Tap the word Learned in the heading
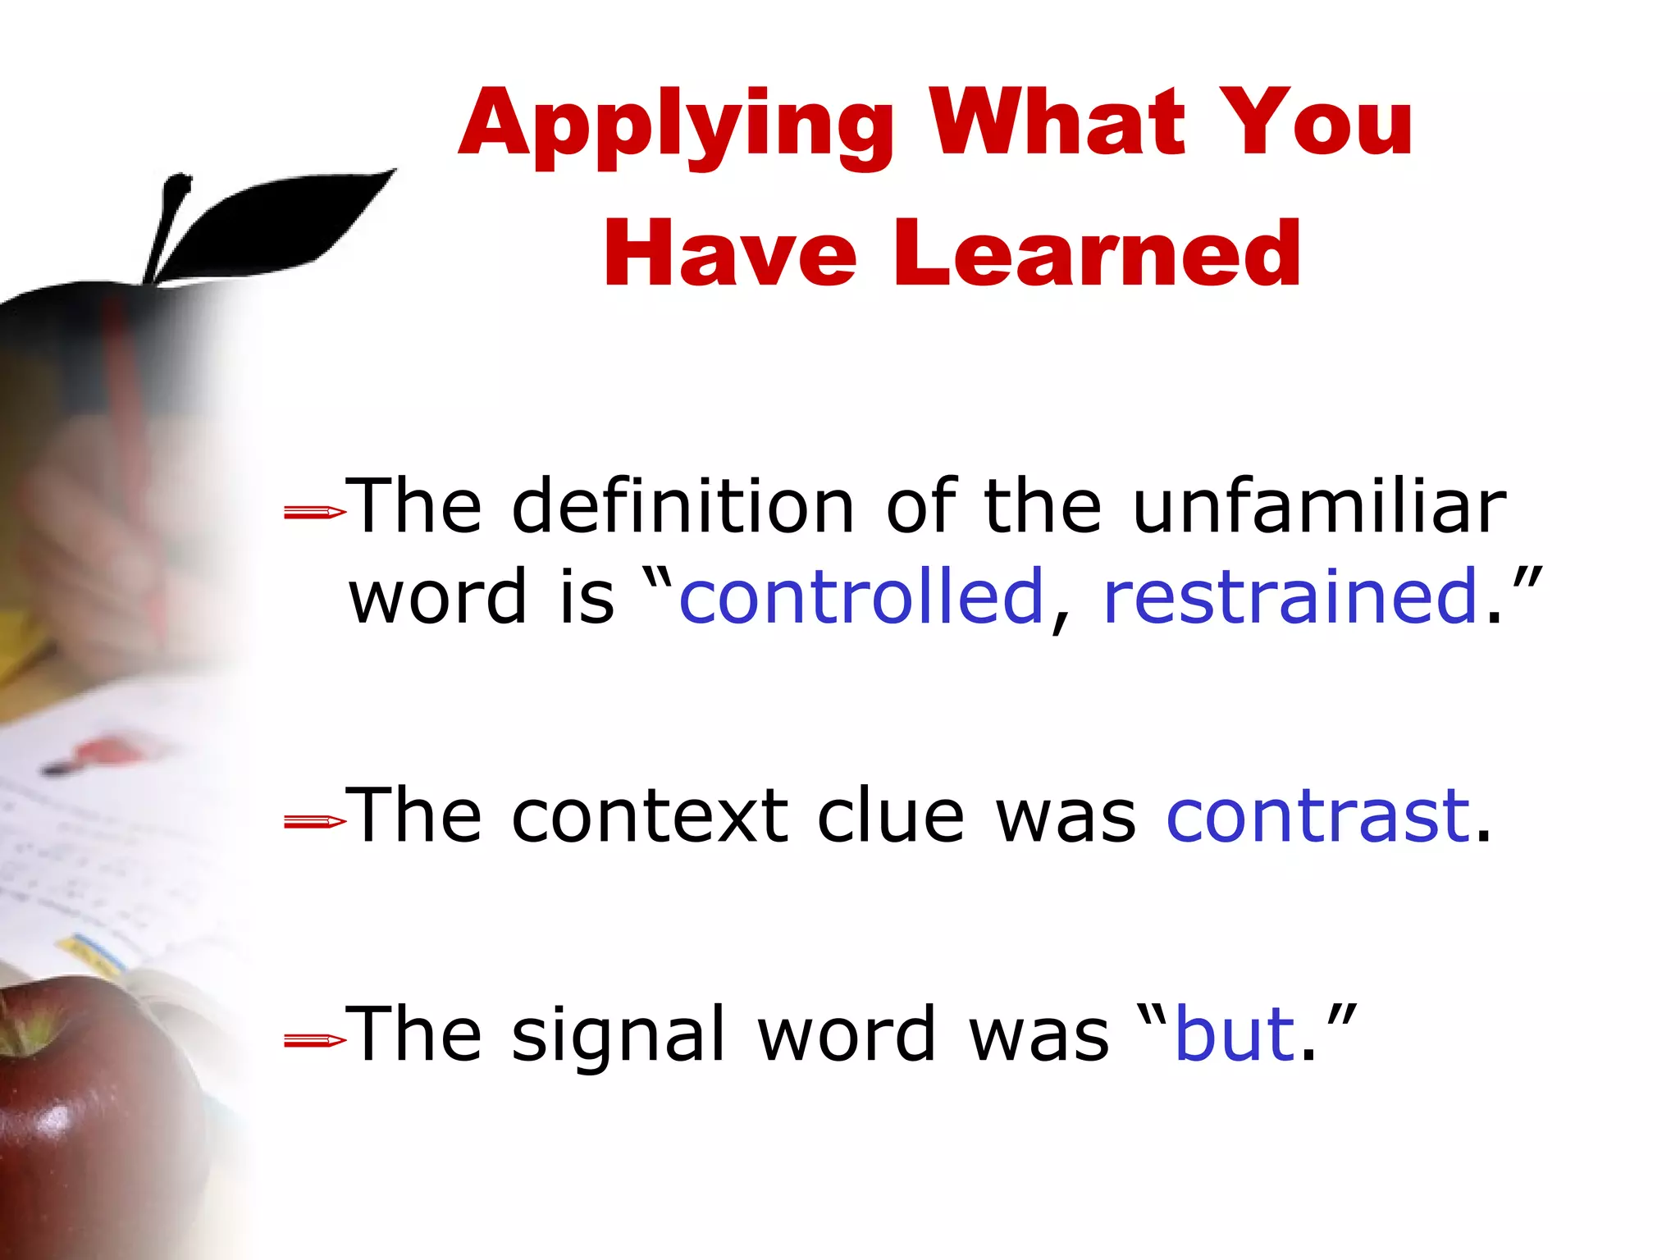click(1097, 254)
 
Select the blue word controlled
click(861, 596)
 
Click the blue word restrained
click(1290, 596)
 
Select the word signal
click(619, 1035)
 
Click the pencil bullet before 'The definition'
click(314, 514)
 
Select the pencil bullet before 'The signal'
click(314, 1041)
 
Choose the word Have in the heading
click(730, 254)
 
